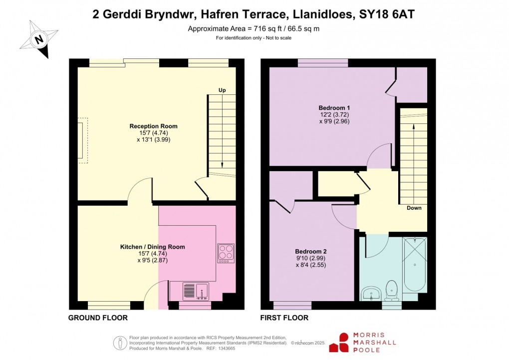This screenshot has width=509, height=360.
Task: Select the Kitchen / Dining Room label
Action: [x=152, y=247]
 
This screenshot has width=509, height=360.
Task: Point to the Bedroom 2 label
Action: [x=310, y=251]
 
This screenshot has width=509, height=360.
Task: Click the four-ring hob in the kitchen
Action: [x=226, y=253]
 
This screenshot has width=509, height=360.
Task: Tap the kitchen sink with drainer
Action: [x=195, y=291]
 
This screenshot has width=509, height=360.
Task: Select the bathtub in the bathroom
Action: [x=415, y=265]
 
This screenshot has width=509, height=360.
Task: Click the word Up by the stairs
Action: [x=222, y=90]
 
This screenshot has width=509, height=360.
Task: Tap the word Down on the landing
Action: [x=414, y=208]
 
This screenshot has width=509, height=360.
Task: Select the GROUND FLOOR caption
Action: [x=98, y=318]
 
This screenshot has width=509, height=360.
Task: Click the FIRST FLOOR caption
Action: [x=284, y=318]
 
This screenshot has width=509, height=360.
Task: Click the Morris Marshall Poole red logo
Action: [x=344, y=343]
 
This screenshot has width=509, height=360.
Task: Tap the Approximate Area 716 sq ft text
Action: [x=254, y=28]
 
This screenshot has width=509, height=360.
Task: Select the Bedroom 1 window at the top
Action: [x=323, y=62]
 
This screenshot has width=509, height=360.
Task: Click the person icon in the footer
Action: [x=120, y=343]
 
